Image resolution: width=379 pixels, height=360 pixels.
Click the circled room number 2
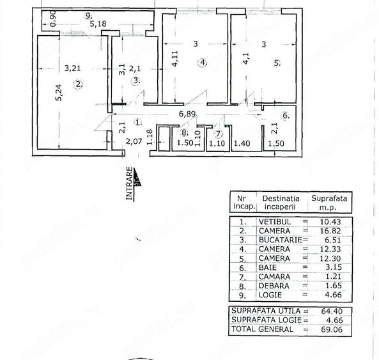(78, 84)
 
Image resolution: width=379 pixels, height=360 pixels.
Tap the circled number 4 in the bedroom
(203, 63)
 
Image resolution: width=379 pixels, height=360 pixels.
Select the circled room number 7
(219, 134)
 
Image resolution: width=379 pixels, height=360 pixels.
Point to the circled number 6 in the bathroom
(286, 116)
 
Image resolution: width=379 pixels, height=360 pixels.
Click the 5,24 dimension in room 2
(59, 92)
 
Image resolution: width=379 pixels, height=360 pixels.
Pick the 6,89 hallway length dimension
(187, 114)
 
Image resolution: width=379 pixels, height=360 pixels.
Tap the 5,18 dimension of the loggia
(98, 24)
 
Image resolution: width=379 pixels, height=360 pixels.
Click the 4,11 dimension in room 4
(174, 59)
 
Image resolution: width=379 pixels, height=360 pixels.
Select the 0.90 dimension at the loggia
(53, 19)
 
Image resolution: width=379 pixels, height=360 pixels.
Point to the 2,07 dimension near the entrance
(134, 141)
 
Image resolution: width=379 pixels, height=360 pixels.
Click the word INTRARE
(130, 184)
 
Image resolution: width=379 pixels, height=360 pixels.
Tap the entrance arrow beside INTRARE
(137, 177)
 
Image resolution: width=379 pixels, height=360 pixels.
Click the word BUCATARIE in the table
(280, 240)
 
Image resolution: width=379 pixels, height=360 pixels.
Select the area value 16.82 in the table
(330, 231)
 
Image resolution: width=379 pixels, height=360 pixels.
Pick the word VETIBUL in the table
(275, 221)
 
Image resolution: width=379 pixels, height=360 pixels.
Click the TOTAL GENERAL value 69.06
(332, 329)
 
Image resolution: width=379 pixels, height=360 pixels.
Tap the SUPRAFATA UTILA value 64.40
(332, 311)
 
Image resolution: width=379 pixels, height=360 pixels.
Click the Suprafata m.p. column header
(329, 203)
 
